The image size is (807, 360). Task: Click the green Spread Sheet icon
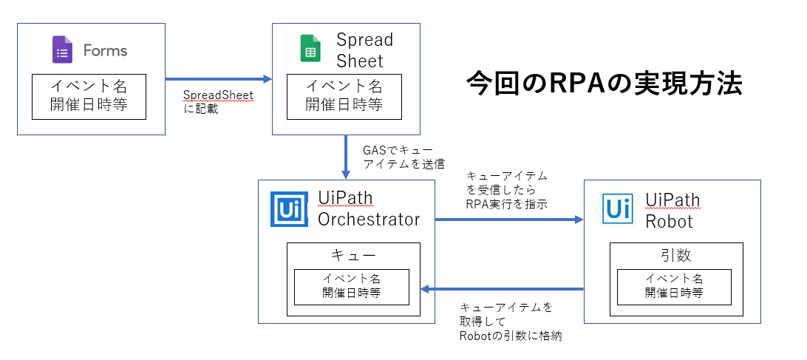point(310,50)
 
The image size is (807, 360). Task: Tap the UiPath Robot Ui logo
point(617,209)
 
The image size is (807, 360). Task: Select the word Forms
point(105,50)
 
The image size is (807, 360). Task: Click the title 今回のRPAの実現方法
point(604,84)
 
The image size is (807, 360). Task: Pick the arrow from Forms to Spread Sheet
point(218,78)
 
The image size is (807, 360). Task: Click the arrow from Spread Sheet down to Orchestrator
point(346,156)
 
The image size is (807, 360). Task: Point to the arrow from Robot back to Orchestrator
point(503,288)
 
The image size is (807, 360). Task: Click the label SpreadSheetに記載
point(218,102)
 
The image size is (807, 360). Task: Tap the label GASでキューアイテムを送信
point(403,156)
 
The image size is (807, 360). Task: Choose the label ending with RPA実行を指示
point(506,190)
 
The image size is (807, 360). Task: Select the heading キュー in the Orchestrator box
point(353,254)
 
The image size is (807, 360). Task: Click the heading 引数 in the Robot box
point(673,255)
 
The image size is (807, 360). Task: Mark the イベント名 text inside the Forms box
point(89,85)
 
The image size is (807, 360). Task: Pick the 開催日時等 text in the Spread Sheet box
point(344,104)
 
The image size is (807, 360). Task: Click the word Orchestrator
point(369,219)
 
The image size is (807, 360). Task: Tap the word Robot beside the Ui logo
point(669,221)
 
